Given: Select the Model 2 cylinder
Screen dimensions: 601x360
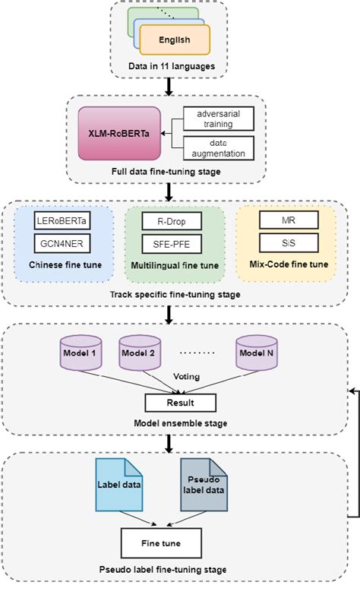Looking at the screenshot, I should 139,354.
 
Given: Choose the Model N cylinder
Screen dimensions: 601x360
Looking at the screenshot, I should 255,354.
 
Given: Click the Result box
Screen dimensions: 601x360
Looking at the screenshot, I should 180,403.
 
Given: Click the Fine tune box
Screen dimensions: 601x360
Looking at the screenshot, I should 161,544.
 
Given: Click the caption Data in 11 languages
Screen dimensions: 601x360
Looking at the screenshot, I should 174,68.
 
